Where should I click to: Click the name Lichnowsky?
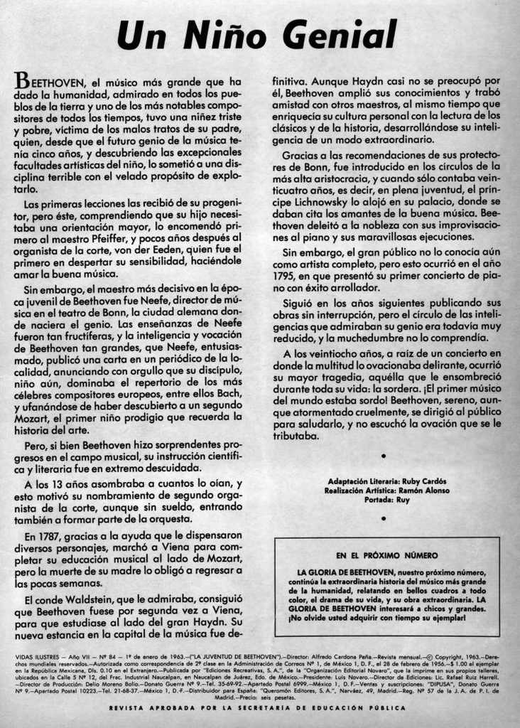click(319, 201)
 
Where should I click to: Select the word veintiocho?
click(334, 353)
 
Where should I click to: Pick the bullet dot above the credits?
click(384, 454)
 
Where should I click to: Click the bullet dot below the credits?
click(384, 518)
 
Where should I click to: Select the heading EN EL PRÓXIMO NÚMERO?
click(386, 555)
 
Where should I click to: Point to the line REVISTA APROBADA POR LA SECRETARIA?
click(257, 707)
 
